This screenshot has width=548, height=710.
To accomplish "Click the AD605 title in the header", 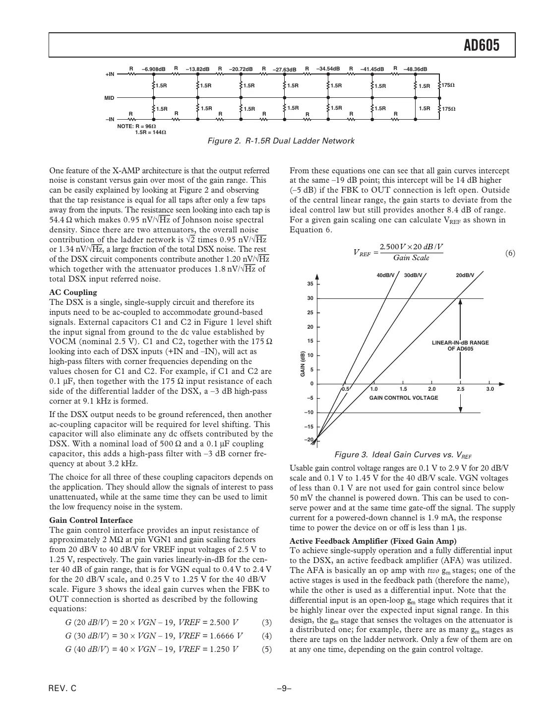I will coord(481,46).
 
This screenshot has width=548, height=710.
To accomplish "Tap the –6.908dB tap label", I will coord(153,70).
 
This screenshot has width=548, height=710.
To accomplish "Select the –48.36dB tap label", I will coord(415,70).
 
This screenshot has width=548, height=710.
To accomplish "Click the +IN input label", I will coord(110,74).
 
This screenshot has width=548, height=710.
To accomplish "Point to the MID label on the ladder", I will coord(109,98).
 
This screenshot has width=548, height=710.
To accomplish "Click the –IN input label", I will coord(110,119).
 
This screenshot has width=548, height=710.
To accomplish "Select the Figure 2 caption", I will coord(280,141).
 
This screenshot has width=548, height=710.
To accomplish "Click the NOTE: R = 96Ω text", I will coord(136,127).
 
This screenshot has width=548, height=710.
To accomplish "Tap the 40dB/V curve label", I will coord(385,275).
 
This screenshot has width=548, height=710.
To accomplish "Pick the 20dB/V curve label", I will coord(465,275).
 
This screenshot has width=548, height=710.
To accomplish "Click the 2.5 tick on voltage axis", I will coord(461,389).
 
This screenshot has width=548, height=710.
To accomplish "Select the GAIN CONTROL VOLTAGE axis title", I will coord(404,398).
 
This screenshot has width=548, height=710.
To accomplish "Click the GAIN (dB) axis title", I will coord(302,363).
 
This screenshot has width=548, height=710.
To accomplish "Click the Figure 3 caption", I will coord(403,455).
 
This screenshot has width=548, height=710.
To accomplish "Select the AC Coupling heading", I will coord(73,292).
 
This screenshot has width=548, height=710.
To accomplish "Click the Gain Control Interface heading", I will coord(91,520).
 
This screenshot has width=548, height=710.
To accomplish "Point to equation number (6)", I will coord(510,253).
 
